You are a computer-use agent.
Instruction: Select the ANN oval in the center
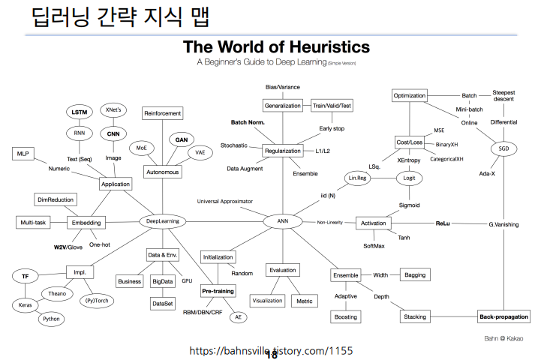click(282, 222)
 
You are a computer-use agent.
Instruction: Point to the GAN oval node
click(182, 139)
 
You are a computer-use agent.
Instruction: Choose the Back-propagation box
click(503, 317)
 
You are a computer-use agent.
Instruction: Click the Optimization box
click(410, 95)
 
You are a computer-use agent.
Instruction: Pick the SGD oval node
click(503, 148)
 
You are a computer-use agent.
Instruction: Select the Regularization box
click(283, 151)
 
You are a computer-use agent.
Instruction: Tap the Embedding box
click(86, 223)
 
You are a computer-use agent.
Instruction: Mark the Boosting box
click(345, 316)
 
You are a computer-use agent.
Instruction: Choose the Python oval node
click(51, 319)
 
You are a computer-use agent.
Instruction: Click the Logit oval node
click(409, 178)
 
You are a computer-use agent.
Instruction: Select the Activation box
click(374, 223)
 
